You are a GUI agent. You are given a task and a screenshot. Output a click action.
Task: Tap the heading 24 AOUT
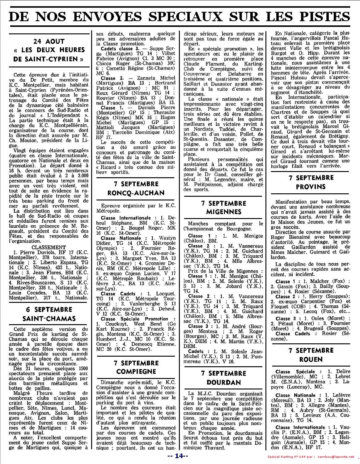(x=49, y=41)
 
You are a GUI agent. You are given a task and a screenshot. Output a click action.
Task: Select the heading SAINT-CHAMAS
(x=49, y=318)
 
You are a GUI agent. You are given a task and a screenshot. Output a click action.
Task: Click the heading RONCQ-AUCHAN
(x=136, y=193)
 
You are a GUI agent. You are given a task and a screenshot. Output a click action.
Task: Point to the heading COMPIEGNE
(x=136, y=372)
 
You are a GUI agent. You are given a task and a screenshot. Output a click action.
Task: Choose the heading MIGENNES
(x=224, y=212)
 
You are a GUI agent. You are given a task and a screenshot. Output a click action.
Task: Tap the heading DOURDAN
(x=224, y=382)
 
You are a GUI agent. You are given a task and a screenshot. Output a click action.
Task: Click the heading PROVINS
(x=311, y=187)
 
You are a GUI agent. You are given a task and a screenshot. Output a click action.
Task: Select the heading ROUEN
(x=311, y=359)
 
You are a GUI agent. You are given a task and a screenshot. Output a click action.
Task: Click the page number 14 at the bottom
(x=180, y=456)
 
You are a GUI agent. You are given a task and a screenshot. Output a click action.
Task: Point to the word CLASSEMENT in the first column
(x=49, y=247)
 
